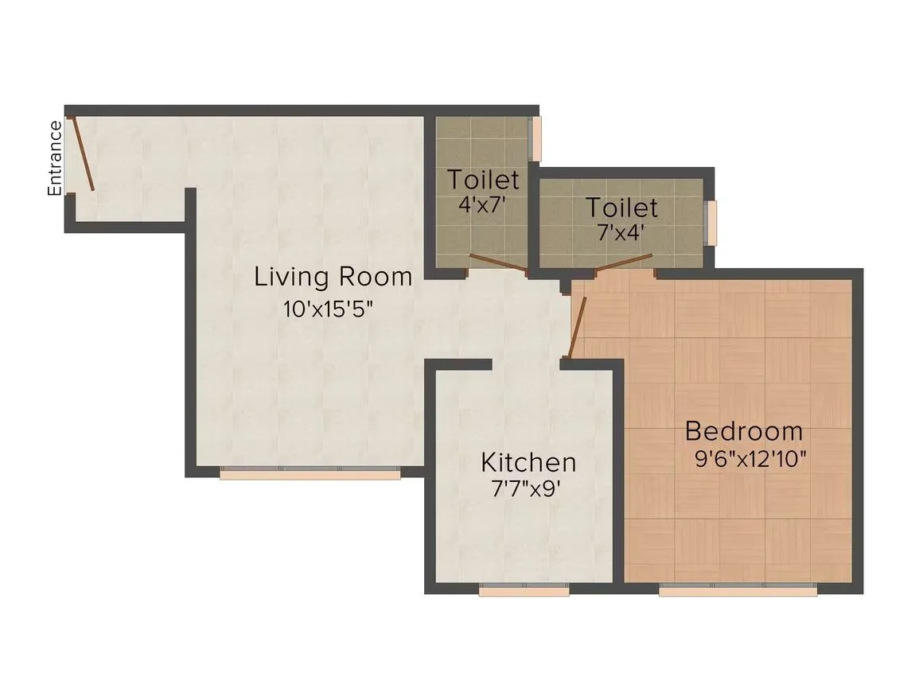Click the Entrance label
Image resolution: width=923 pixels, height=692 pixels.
54,157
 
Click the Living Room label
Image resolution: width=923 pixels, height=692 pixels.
333,278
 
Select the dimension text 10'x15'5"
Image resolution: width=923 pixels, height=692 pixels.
329,309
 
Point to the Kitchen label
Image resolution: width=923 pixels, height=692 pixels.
528,462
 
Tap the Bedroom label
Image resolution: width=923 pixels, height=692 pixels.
744,432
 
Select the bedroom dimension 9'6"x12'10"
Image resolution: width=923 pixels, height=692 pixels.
752,459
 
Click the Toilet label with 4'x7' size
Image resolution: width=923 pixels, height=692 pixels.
483,180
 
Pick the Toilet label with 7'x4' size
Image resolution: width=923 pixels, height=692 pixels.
622,208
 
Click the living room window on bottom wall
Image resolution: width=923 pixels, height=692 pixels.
310,474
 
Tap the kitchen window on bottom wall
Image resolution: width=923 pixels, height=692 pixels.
524,591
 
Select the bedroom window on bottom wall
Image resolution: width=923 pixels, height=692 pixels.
738,591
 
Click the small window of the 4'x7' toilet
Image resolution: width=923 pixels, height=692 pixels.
537,138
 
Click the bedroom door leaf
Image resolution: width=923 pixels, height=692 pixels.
578,327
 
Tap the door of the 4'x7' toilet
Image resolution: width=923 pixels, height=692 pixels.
498,264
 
